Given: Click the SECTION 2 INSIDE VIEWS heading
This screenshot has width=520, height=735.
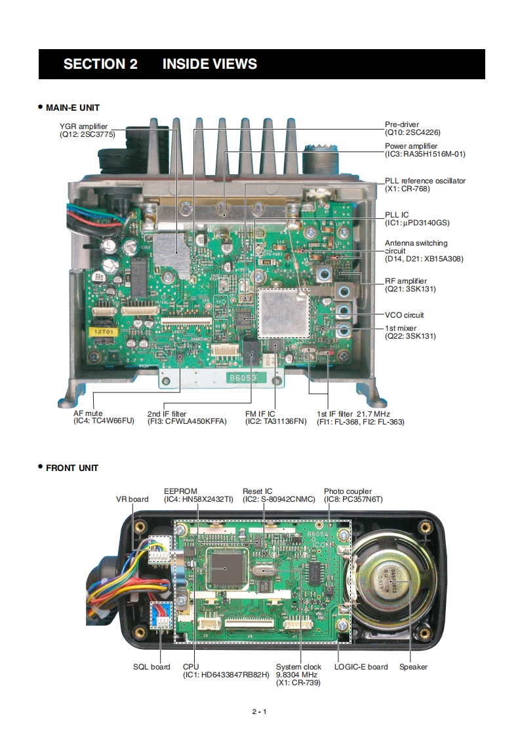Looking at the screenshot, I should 160,64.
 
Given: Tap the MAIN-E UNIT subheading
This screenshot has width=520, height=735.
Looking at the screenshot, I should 72,107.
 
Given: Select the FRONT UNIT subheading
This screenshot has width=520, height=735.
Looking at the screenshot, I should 71,468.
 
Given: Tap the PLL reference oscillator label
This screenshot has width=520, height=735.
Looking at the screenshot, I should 425,185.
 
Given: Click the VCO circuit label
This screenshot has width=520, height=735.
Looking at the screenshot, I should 404,315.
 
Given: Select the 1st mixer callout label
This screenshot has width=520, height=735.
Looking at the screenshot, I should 410,332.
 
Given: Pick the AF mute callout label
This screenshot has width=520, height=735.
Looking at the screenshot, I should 104,417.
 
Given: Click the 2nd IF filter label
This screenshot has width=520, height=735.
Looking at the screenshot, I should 186,417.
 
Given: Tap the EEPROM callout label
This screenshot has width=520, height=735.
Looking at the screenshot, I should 198,495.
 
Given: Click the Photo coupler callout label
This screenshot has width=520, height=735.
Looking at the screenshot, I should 353,495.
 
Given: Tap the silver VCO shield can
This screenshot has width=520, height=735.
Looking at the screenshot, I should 284,311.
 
